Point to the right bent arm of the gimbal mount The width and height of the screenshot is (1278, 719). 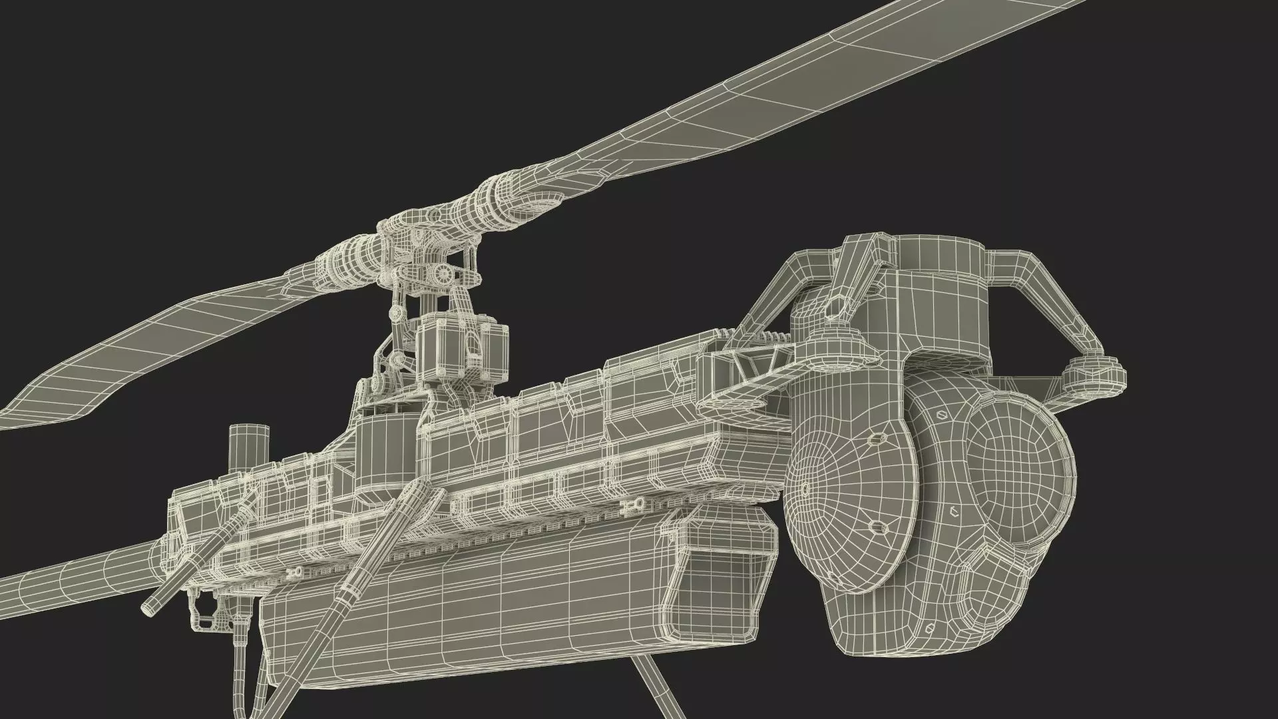coord(1038,293)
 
